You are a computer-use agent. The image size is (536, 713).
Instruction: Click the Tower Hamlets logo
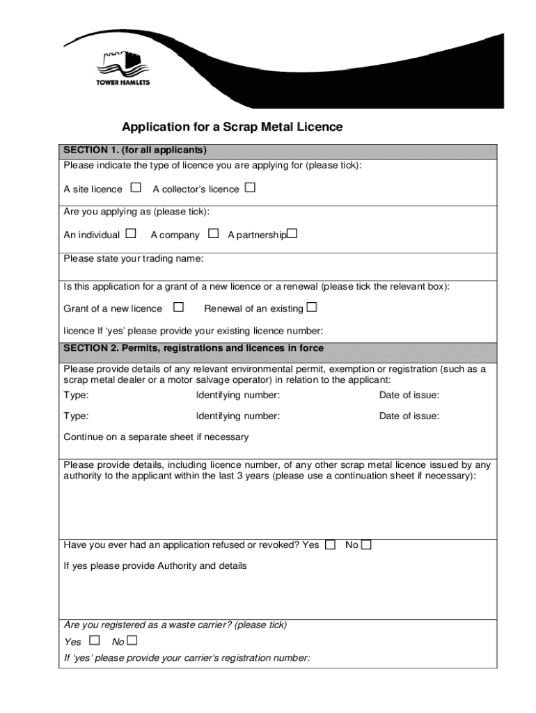click(122, 68)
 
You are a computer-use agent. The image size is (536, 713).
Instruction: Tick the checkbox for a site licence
click(136, 188)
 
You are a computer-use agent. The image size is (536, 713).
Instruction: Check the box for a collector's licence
click(250, 188)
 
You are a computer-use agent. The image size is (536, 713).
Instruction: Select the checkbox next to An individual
click(131, 234)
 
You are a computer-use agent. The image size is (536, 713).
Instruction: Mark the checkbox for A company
click(214, 234)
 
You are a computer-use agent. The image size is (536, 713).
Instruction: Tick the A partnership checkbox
click(292, 234)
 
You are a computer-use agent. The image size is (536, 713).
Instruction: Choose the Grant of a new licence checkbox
click(179, 307)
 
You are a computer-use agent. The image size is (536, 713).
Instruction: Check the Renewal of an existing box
click(311, 307)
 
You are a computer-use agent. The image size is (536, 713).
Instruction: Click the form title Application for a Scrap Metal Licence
click(232, 127)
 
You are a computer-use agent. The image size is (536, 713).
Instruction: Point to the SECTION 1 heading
click(135, 150)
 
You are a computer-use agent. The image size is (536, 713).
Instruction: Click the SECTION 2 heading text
click(193, 347)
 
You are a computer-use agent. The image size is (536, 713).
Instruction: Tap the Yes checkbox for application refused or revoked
click(330, 544)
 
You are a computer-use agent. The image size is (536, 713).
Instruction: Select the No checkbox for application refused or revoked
click(366, 544)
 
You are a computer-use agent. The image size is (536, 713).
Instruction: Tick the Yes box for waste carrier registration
click(95, 641)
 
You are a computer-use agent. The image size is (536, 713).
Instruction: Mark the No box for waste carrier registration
click(132, 641)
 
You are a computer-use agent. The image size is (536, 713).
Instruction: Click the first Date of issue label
click(409, 395)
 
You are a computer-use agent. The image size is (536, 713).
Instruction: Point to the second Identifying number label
click(238, 416)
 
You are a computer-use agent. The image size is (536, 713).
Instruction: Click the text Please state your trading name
click(134, 259)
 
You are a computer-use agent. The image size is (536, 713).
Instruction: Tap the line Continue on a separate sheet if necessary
click(156, 437)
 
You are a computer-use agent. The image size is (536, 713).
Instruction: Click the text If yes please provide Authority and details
click(155, 566)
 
